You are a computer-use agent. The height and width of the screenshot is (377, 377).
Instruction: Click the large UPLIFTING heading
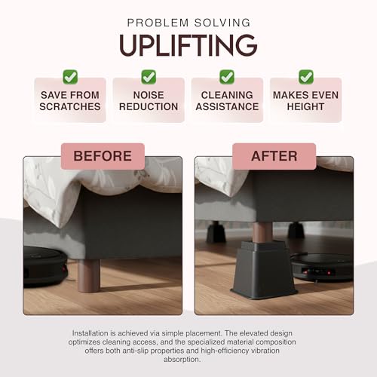pyautogui.click(x=188, y=45)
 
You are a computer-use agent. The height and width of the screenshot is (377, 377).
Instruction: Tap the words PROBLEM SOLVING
pyautogui.click(x=188, y=23)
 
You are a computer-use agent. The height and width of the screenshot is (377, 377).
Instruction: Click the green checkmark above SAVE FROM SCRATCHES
pyautogui.click(x=70, y=76)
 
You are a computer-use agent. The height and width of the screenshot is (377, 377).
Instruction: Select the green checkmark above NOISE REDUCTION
pyautogui.click(x=149, y=76)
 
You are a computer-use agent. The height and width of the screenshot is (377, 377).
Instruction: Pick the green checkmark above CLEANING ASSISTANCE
pyautogui.click(x=227, y=76)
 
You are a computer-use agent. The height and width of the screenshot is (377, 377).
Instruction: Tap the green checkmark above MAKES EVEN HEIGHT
pyautogui.click(x=305, y=76)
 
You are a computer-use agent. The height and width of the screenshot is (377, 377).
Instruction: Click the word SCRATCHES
pyautogui.click(x=70, y=106)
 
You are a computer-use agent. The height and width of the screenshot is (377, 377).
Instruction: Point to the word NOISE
pyautogui.click(x=149, y=95)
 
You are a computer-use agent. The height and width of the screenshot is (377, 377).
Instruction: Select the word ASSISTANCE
pyautogui.click(x=227, y=106)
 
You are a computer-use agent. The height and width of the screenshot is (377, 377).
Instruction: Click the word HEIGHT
pyautogui.click(x=305, y=106)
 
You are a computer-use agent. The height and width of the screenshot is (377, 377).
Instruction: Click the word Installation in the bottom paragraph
pyautogui.click(x=92, y=332)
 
